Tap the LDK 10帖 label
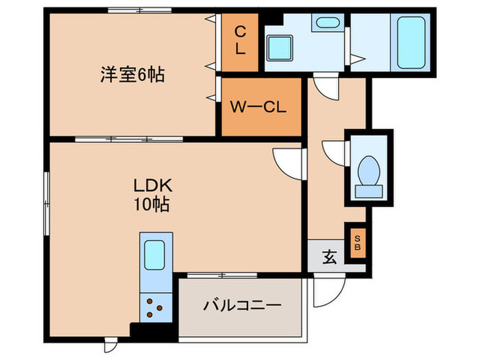click(152, 194)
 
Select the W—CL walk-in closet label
click(257, 108)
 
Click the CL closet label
click(240, 40)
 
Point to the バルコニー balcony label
click(242, 305)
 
